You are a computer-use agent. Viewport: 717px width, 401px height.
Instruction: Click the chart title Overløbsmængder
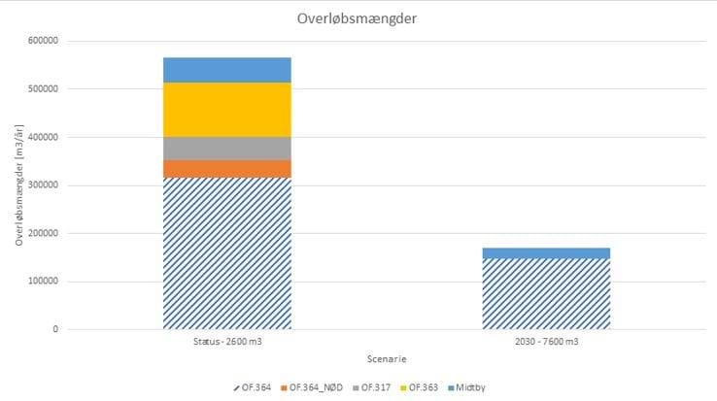click(x=358, y=18)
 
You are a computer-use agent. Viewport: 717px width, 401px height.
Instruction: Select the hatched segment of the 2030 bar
click(x=546, y=293)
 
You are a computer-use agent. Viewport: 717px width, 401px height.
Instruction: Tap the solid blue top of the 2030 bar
click(x=546, y=252)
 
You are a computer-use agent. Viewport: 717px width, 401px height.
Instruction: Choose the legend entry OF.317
click(x=375, y=387)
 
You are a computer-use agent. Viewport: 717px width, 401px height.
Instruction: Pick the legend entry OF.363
click(x=425, y=387)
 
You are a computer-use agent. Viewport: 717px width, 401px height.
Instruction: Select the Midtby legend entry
click(x=470, y=387)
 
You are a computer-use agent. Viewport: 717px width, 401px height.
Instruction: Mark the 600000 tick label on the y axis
click(x=42, y=41)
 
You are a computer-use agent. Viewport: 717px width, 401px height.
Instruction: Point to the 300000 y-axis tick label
click(x=42, y=185)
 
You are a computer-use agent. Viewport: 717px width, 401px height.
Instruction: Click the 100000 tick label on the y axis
click(x=42, y=282)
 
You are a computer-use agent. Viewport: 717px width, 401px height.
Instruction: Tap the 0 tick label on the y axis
click(x=54, y=329)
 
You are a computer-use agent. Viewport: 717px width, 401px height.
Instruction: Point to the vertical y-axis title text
click(x=19, y=184)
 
